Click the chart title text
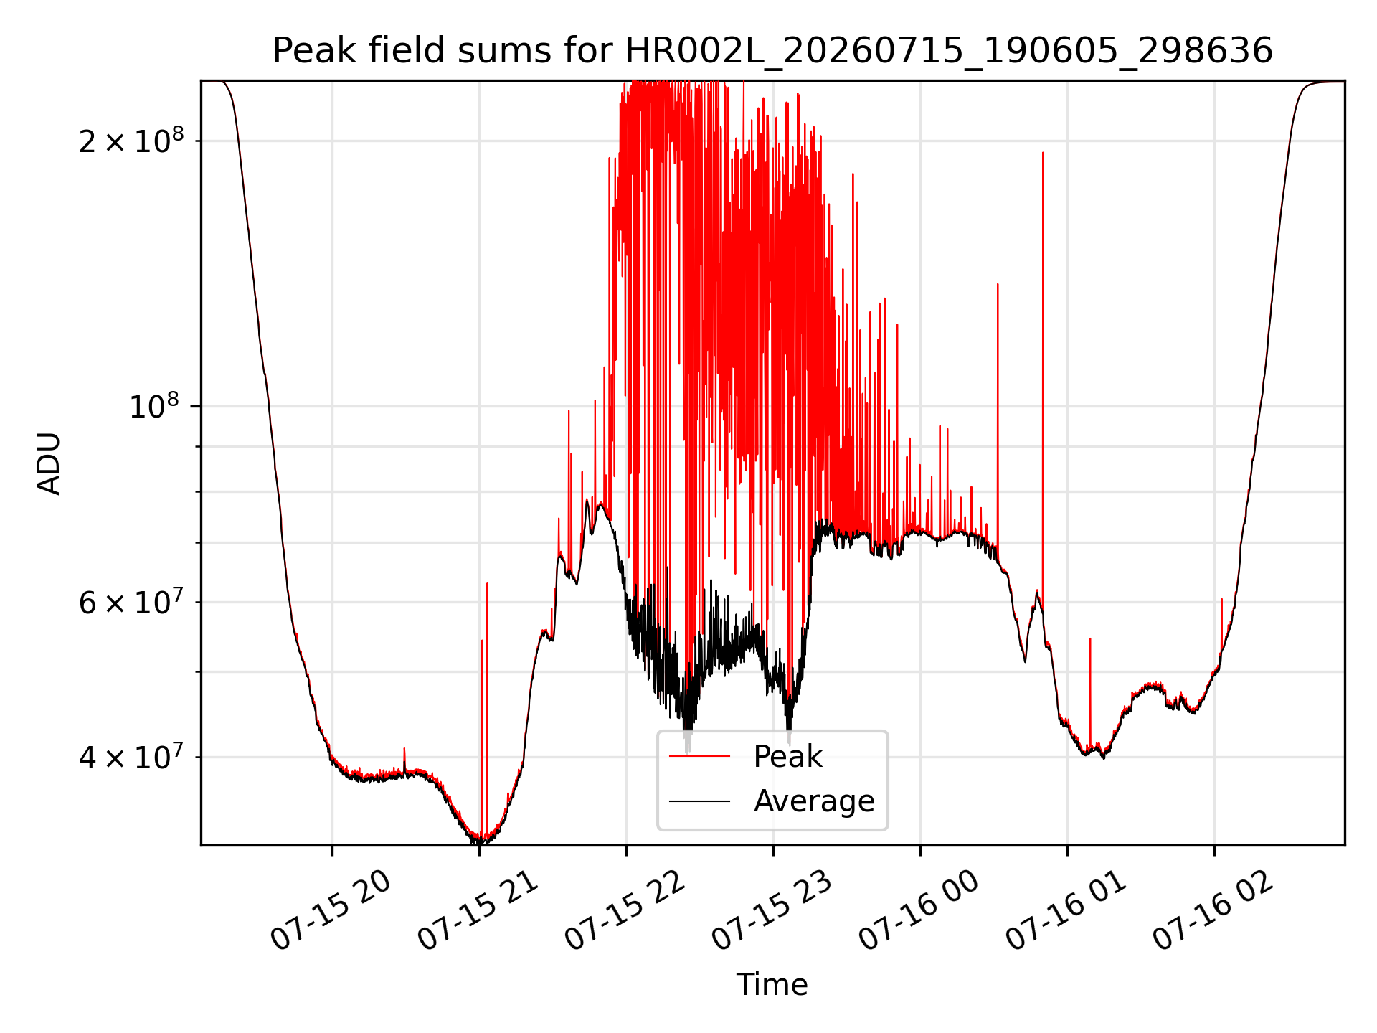pyautogui.click(x=772, y=51)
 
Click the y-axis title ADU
pyautogui.click(x=49, y=463)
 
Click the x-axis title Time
pyautogui.click(x=772, y=984)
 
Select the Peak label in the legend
pyautogui.click(x=787, y=756)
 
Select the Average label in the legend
pyautogui.click(x=814, y=801)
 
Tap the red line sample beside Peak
pyautogui.click(x=699, y=756)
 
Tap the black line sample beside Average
pyautogui.click(x=699, y=801)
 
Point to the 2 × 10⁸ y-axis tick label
pyautogui.click(x=131, y=140)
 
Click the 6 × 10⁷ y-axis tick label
pyautogui.click(x=131, y=601)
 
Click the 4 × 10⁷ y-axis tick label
pyautogui.click(x=131, y=756)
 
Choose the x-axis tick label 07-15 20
pyautogui.click(x=331, y=910)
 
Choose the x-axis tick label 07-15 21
pyautogui.click(x=478, y=910)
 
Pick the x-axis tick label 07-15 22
pyautogui.click(x=625, y=910)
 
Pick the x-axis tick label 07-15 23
pyautogui.click(x=772, y=910)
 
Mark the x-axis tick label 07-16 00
pyautogui.click(x=919, y=910)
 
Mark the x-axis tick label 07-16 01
pyautogui.click(x=1066, y=910)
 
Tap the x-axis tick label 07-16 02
pyautogui.click(x=1213, y=910)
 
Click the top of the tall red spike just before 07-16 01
pyautogui.click(x=1043, y=153)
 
